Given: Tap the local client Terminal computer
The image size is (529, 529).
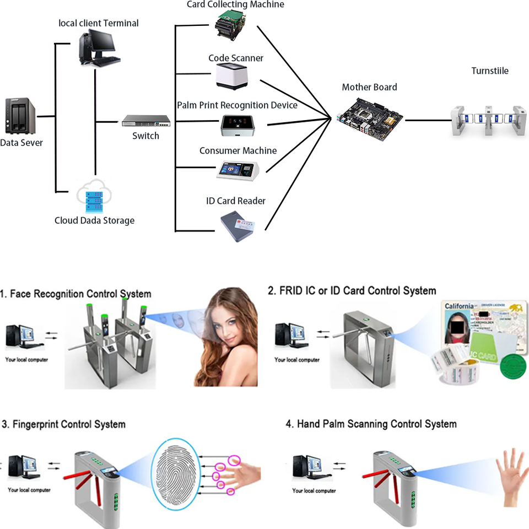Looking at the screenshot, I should pyautogui.click(x=98, y=48).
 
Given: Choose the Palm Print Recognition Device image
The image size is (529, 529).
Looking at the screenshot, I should pyautogui.click(x=238, y=125).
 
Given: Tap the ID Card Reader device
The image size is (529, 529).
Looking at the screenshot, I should pyautogui.click(x=238, y=226).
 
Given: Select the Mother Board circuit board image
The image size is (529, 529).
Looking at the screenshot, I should pyautogui.click(x=369, y=117).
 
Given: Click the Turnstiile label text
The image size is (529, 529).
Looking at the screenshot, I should pyautogui.click(x=490, y=71).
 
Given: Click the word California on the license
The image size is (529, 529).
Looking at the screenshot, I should pyautogui.click(x=459, y=306).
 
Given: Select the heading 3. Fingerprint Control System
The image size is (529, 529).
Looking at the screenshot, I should pyautogui.click(x=64, y=424).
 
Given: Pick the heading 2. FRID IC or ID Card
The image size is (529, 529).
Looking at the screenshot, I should pyautogui.click(x=352, y=290).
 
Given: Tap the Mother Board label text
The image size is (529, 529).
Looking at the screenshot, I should pyautogui.click(x=369, y=87).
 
